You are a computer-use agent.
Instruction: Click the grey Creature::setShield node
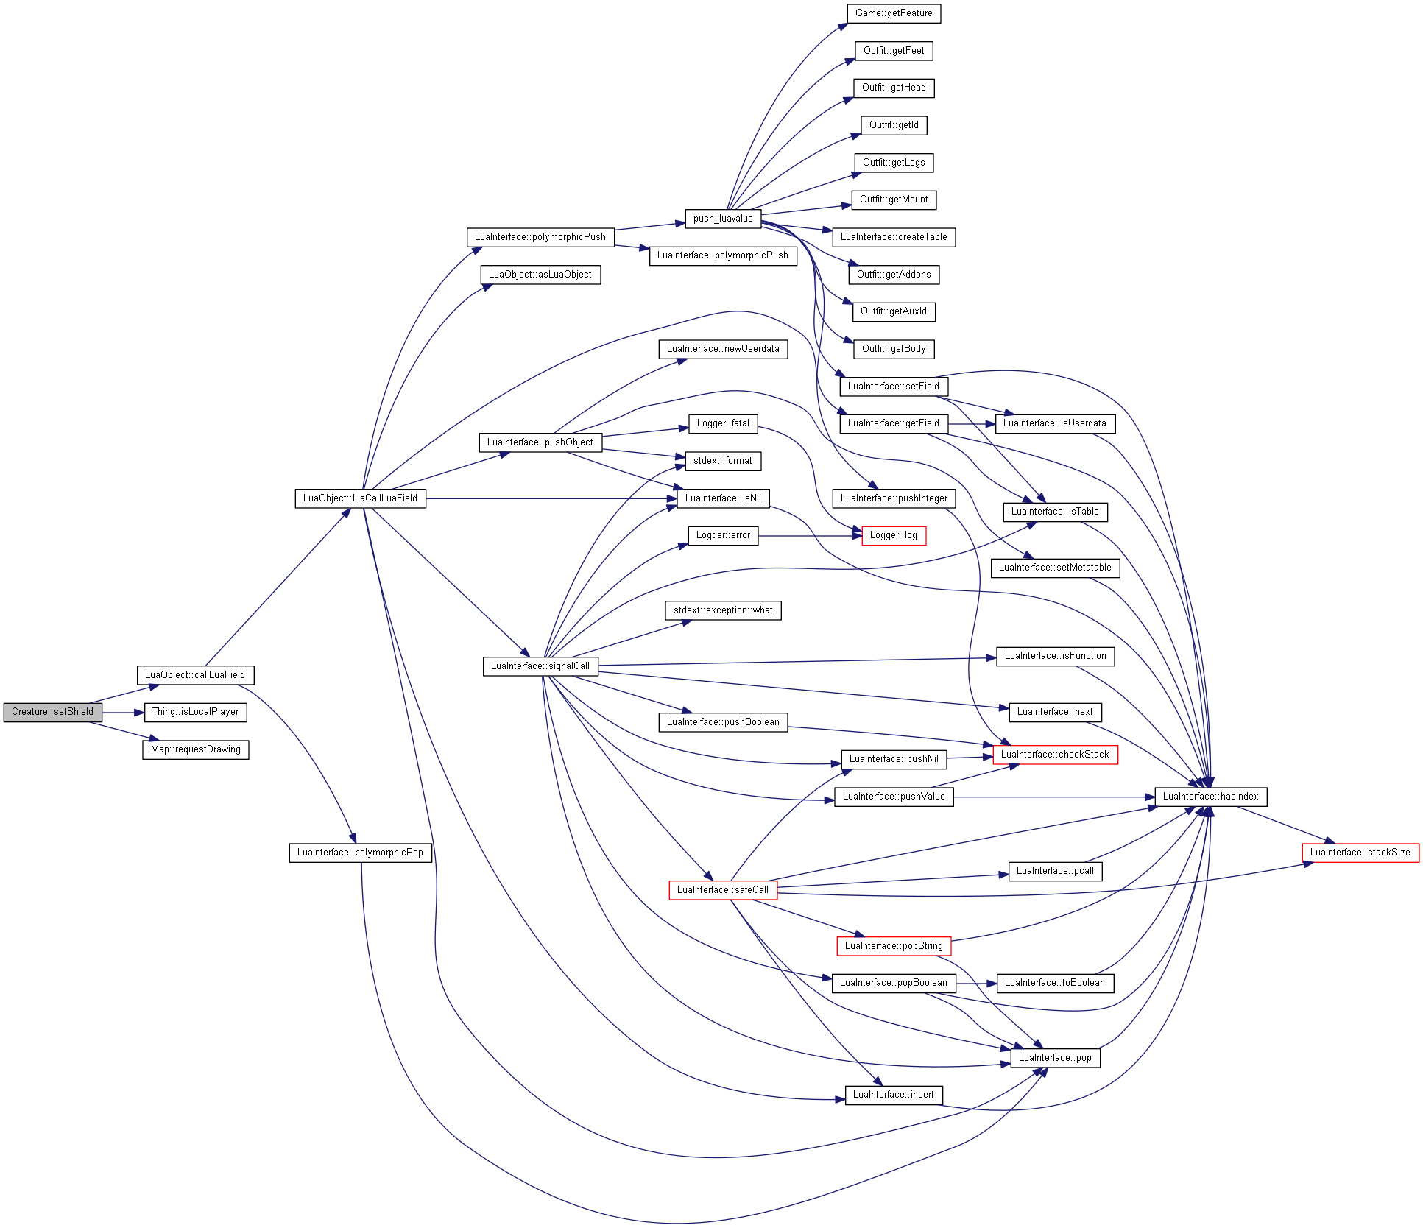(x=53, y=712)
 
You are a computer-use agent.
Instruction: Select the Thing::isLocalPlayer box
(x=195, y=712)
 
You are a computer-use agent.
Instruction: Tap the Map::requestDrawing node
(x=195, y=749)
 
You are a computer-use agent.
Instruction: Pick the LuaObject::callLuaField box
(x=195, y=675)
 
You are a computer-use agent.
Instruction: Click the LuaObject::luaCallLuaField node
(x=360, y=498)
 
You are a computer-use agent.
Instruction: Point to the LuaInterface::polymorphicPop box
(x=360, y=853)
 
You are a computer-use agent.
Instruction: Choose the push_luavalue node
(x=723, y=219)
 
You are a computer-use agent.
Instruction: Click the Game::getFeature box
(x=894, y=13)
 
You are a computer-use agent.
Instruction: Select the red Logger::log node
(x=894, y=535)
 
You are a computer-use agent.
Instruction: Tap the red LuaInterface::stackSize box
(x=1360, y=853)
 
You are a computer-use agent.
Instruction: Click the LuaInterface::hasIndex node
(x=1211, y=797)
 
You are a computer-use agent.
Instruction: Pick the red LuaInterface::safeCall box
(x=723, y=890)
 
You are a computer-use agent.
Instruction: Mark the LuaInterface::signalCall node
(x=540, y=666)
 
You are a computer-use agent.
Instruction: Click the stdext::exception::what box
(x=723, y=610)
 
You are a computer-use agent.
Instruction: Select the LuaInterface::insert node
(x=894, y=1095)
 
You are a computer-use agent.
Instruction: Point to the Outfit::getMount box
(x=894, y=200)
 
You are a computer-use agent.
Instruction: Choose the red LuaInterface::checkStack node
(x=1055, y=755)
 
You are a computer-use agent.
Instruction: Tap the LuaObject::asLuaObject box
(x=540, y=275)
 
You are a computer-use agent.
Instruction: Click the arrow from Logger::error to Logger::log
(x=810, y=536)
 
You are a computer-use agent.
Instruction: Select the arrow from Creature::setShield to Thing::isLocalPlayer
(x=123, y=713)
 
